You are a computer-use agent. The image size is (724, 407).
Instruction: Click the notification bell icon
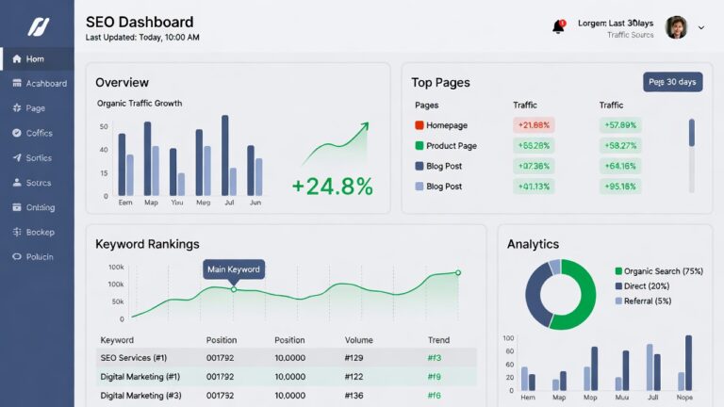tap(558, 26)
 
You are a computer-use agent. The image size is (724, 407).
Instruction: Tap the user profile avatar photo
tap(676, 27)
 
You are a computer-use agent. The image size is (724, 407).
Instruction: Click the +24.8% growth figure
tap(332, 186)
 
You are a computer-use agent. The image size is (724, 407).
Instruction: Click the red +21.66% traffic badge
tap(534, 125)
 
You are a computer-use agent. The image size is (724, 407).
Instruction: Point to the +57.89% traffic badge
tap(620, 125)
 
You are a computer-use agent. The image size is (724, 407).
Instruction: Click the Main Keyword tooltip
tap(234, 269)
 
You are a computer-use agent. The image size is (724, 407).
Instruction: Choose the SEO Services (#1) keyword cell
tap(133, 358)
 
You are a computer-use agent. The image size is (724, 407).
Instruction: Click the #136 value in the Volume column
tap(354, 396)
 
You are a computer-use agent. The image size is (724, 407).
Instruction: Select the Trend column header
tap(438, 340)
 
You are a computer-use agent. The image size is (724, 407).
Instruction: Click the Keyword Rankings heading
tap(147, 244)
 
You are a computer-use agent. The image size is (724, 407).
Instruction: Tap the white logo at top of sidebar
tap(37, 25)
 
